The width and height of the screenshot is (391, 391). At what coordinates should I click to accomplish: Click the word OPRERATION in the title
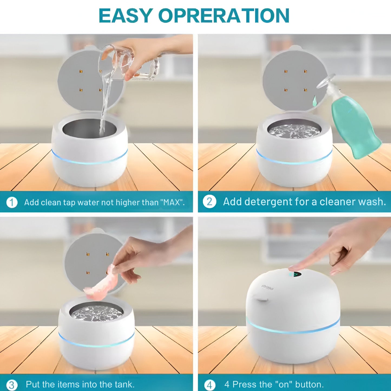[x=224, y=16]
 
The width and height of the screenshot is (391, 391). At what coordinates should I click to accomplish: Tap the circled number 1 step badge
[x=12, y=202]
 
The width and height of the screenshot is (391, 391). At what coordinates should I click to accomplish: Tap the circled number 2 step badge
[x=209, y=202]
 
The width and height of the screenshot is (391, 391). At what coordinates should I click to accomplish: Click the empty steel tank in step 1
[x=89, y=129]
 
